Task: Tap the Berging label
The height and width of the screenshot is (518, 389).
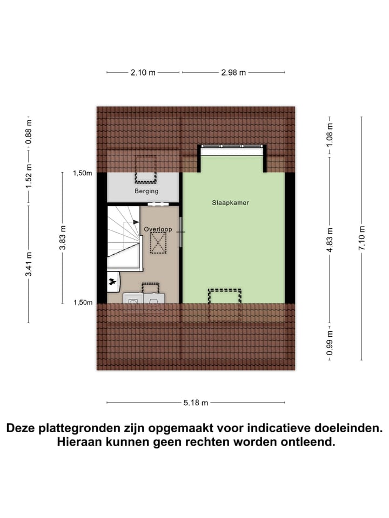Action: tap(146, 191)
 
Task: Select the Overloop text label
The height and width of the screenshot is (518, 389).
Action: tap(158, 229)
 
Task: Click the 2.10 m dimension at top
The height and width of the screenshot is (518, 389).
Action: tap(143, 72)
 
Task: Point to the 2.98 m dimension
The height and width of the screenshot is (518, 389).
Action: tap(233, 72)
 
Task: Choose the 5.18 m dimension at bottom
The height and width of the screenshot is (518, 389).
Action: tap(196, 403)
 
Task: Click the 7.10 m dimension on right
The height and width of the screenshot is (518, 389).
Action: tap(361, 238)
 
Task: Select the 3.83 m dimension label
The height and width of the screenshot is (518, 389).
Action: tap(63, 238)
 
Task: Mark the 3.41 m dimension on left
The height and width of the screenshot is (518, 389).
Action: tap(28, 264)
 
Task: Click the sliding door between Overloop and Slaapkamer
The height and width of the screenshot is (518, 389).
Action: tap(181, 232)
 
